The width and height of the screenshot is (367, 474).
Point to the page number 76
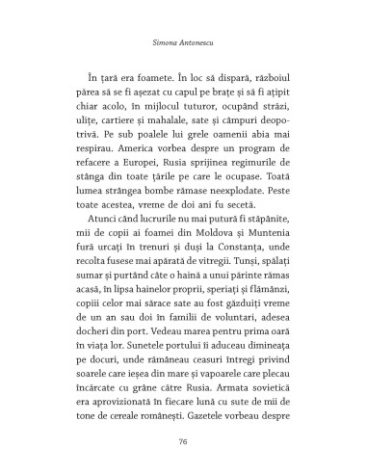(182, 442)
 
